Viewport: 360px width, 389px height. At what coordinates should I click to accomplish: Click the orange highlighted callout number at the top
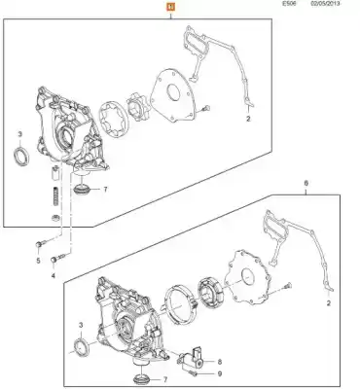pos(170,7)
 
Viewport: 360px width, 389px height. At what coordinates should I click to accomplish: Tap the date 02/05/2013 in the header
pos(324,3)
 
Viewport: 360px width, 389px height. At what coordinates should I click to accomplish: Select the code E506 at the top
pos(289,3)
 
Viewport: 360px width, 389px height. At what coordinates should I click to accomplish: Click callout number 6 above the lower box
pos(306,184)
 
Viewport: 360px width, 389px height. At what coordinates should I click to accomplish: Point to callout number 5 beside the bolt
pos(38,261)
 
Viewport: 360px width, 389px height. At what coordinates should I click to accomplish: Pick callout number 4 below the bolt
pos(54,276)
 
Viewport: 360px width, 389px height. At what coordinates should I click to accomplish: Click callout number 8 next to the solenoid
pos(220,362)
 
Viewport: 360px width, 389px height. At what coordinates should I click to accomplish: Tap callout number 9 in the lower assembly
pos(220,374)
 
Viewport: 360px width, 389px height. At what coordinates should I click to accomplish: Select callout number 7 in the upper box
pos(105,190)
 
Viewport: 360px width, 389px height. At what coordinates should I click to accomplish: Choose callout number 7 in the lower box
pos(165,379)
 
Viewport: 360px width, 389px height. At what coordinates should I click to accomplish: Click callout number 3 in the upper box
pos(20,134)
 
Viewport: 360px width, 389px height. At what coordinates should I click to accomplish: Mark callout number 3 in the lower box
pos(81,325)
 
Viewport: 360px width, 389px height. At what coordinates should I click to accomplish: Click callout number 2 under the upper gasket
pos(248,119)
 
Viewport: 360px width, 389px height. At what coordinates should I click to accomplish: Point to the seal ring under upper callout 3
pos(21,157)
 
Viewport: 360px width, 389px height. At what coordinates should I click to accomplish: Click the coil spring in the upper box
pos(56,197)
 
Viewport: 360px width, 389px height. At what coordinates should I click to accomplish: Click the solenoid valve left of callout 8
pos(192,361)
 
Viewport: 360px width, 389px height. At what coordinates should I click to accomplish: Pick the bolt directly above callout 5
pos(41,243)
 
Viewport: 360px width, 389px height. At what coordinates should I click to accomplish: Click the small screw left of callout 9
pos(195,373)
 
